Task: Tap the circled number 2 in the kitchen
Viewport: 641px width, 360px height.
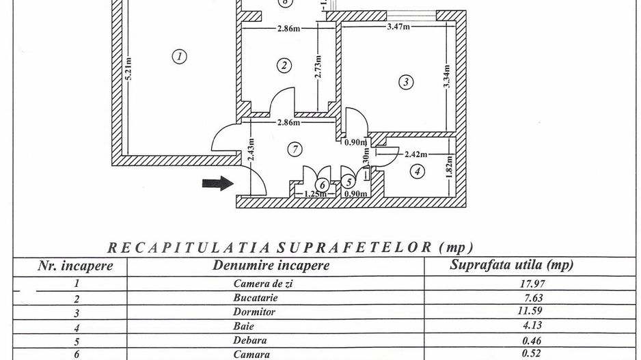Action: coord(284,65)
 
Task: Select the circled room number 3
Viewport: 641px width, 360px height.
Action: coord(406,83)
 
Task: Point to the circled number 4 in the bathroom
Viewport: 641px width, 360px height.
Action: coord(418,171)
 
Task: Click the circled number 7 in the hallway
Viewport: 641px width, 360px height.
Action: coord(295,148)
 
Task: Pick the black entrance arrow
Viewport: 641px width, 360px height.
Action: coord(218,182)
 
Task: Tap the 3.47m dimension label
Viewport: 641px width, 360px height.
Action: coord(398,27)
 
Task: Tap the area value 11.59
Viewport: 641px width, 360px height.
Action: coord(512,312)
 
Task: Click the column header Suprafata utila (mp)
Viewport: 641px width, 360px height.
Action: coord(511,265)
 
